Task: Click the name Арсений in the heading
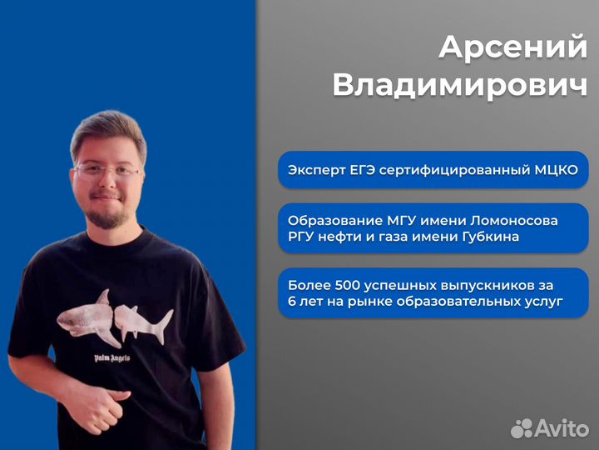(x=512, y=47)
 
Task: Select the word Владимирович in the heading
(x=459, y=85)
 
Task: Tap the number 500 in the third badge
(x=344, y=285)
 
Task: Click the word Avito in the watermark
(x=562, y=427)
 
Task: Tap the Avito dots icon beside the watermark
(x=522, y=428)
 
